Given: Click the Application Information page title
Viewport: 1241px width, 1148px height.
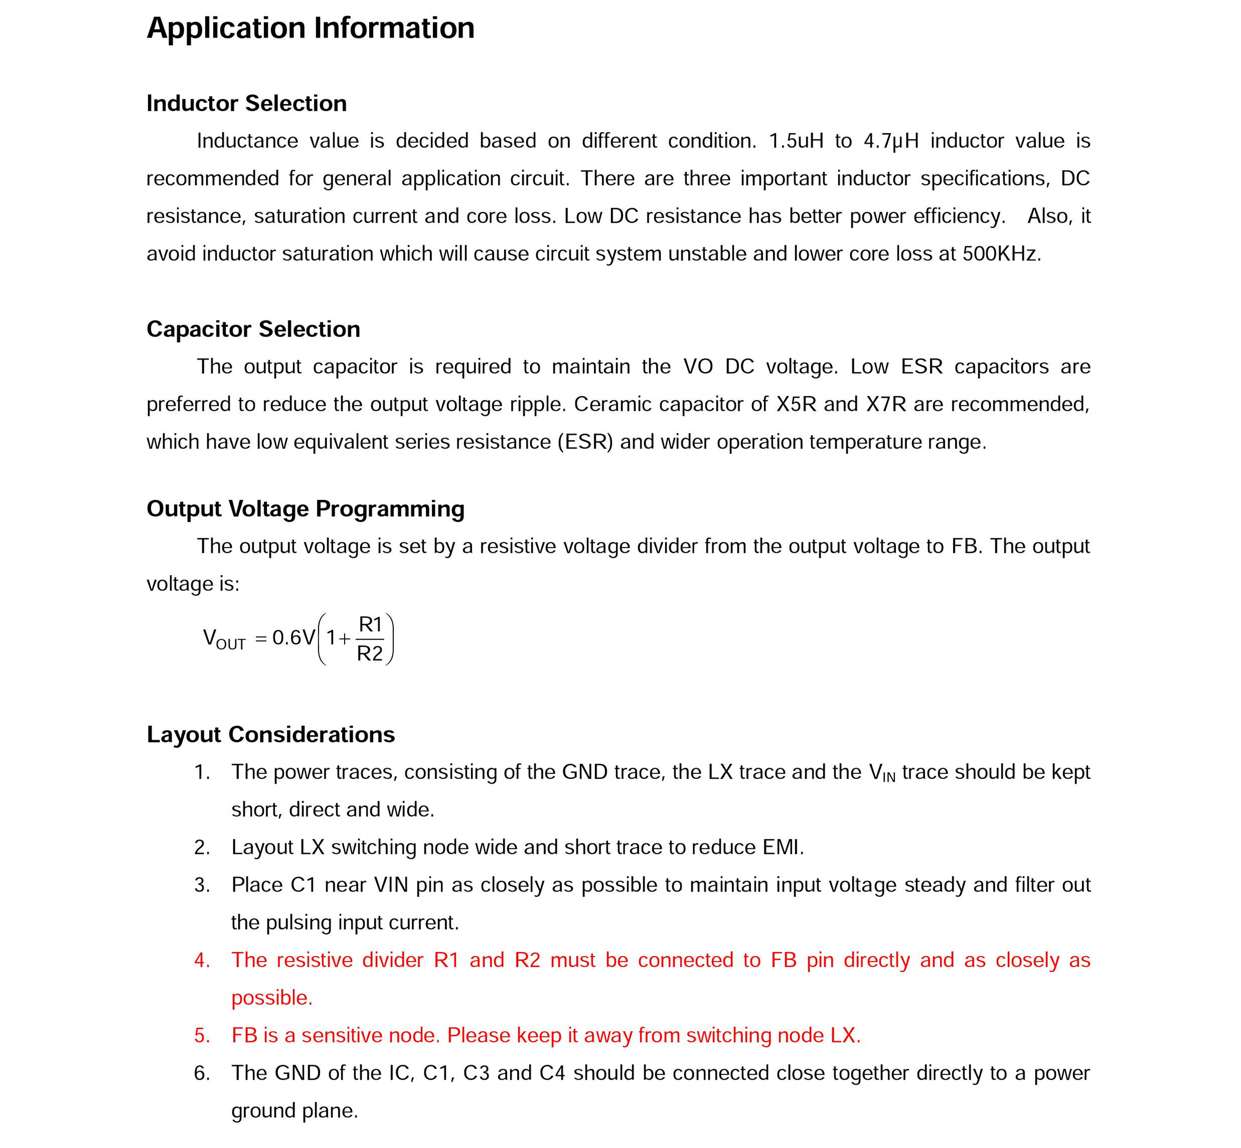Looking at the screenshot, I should click(310, 28).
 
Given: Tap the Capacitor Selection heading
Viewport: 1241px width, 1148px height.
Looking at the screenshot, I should click(253, 329).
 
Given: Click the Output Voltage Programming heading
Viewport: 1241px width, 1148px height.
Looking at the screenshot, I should click(305, 508).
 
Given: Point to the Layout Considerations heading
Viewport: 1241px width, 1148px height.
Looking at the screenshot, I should click(270, 734).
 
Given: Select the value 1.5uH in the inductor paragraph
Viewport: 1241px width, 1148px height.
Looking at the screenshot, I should click(796, 141).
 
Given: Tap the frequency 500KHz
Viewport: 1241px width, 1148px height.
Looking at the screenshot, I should click(1000, 253).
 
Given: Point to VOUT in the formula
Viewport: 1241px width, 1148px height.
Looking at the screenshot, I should click(224, 639).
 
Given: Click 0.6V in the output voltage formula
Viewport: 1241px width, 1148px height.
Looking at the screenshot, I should click(293, 637).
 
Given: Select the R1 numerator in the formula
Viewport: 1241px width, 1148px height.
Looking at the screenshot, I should click(370, 624).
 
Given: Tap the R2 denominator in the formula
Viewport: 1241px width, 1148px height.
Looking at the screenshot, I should click(370, 653).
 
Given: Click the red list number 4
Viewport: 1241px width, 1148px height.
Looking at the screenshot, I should click(202, 960).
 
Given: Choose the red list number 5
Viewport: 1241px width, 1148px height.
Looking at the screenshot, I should click(202, 1035).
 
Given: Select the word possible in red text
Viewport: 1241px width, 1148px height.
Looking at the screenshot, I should click(271, 997).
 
